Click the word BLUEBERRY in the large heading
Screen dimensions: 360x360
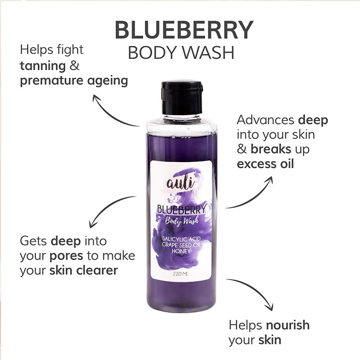[184, 30]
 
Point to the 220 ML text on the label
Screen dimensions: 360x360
[180, 274]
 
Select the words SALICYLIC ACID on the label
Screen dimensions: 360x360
[181, 239]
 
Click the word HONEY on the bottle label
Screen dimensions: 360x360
[181, 251]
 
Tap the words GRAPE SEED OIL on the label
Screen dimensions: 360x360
[181, 245]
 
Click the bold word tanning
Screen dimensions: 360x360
[43, 66]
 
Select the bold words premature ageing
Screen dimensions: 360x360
[74, 81]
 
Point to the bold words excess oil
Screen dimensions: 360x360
[265, 164]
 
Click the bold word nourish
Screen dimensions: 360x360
[288, 325]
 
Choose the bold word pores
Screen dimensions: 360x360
[66, 256]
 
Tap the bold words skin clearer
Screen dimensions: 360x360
[84, 270]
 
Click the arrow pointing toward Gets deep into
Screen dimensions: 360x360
[107, 207]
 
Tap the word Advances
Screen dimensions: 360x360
[265, 120]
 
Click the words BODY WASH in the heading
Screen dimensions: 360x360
[181, 53]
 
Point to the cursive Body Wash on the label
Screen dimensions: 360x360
[182, 221]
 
